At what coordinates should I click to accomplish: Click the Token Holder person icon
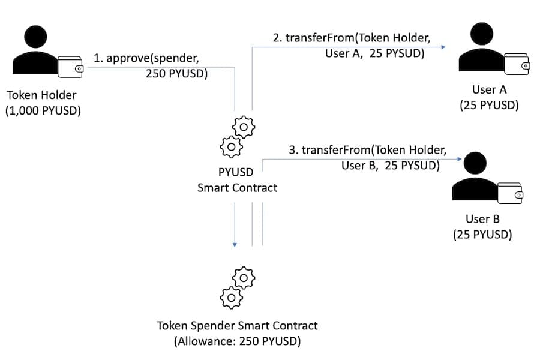pos(35,51)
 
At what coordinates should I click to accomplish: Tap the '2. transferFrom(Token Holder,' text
pos(351,37)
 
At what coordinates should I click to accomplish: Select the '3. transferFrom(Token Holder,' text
pos(367,149)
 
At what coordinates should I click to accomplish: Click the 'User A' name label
pos(489,90)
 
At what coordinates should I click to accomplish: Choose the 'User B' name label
pos(482,219)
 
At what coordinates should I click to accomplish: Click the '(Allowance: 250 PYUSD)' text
pos(237,342)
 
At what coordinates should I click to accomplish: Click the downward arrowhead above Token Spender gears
pos(235,244)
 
